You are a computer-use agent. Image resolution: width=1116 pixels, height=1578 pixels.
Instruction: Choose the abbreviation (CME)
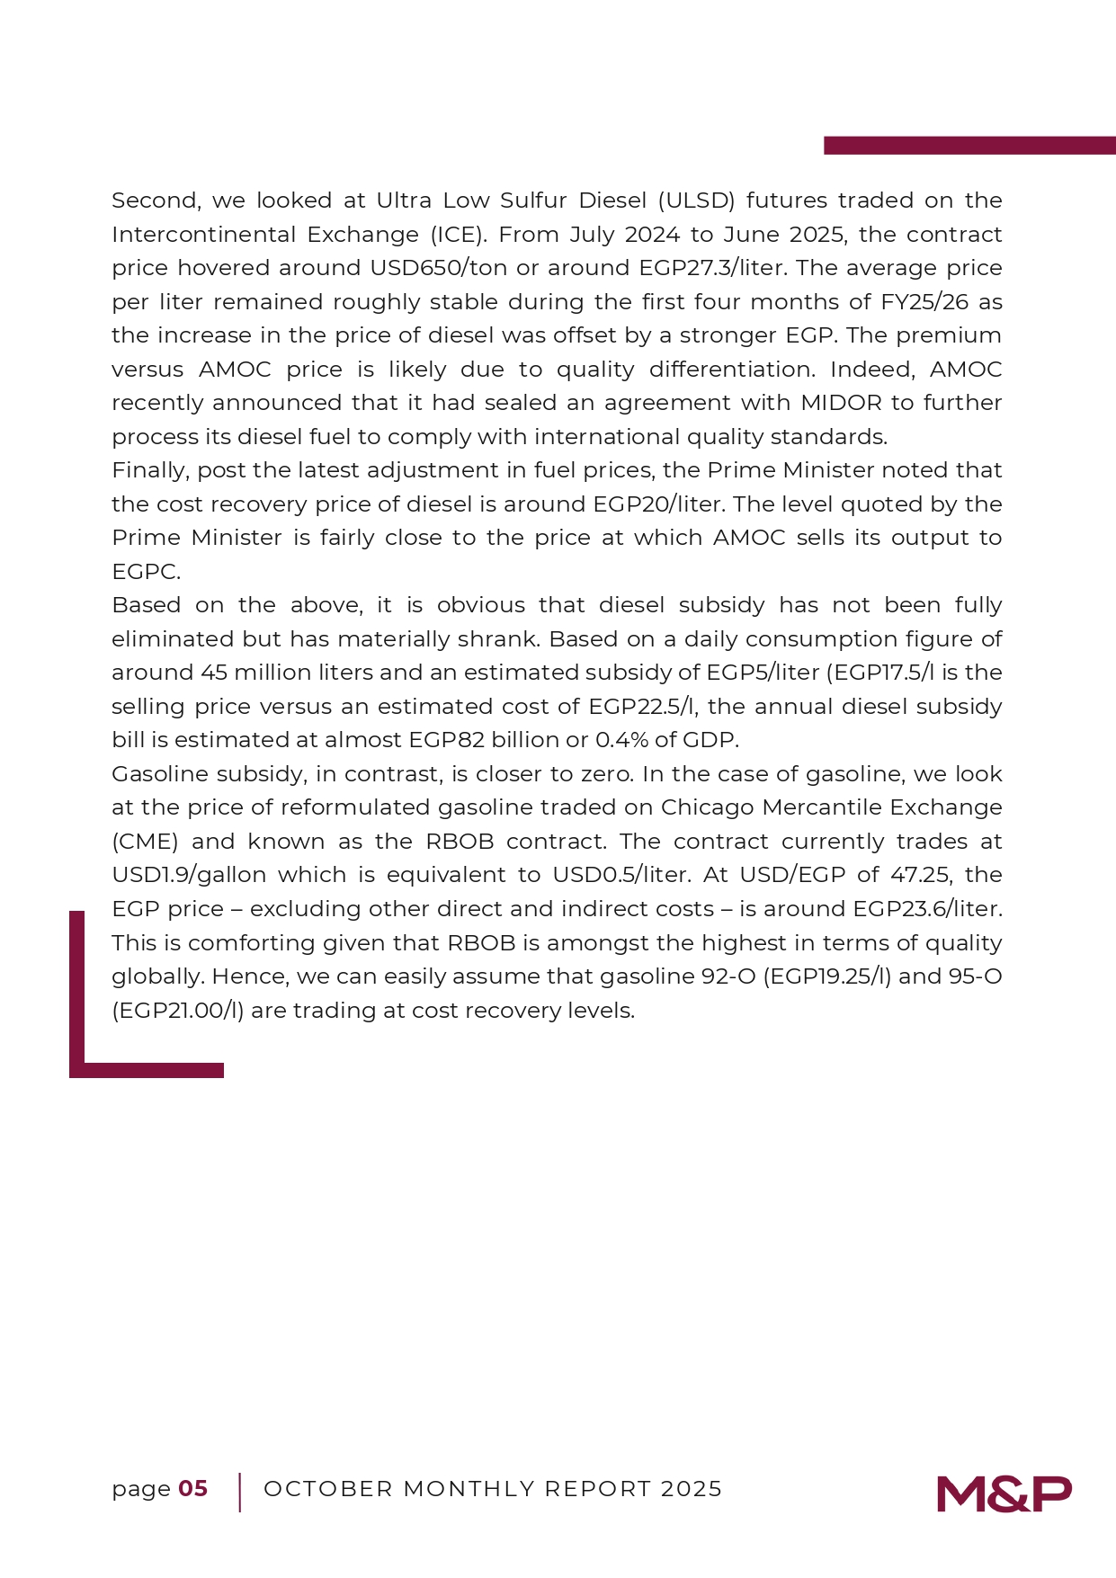(x=145, y=842)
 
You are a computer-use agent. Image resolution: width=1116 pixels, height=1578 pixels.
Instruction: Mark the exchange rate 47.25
(x=921, y=875)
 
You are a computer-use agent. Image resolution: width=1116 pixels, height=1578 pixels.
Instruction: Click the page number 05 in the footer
(x=193, y=1488)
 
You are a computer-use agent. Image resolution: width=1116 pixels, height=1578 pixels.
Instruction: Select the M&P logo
(x=1004, y=1493)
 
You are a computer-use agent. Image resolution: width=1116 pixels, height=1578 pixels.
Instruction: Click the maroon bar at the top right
(x=969, y=146)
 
